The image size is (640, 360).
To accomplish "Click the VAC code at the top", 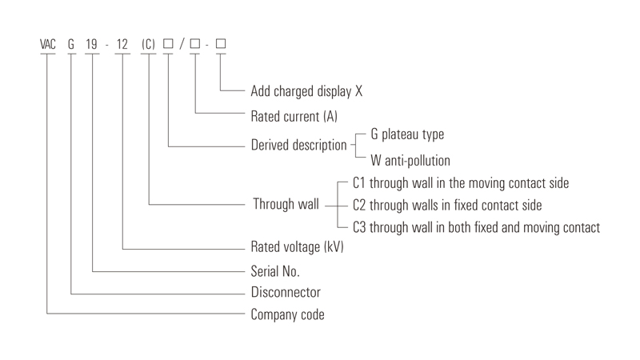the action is (48, 44).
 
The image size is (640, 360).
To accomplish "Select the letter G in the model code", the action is (71, 44).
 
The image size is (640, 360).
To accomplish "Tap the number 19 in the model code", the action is (91, 44).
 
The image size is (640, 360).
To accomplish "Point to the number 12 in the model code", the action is (122, 44).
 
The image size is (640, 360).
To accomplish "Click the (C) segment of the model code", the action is (148, 44).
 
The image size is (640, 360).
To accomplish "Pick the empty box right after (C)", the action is (168, 43).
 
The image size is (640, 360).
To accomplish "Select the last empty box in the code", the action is (221, 43).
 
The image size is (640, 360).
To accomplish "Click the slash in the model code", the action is (182, 44).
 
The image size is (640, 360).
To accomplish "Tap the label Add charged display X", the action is (306, 91).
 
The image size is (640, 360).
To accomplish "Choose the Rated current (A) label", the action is (294, 117).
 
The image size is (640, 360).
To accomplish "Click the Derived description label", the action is (298, 146).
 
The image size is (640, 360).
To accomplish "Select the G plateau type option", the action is (407, 134).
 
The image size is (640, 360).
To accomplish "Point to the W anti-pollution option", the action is (410, 161).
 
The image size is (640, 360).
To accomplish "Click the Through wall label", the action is (286, 204).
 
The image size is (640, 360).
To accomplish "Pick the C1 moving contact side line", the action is (461, 183).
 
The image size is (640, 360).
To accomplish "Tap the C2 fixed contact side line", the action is (447, 206).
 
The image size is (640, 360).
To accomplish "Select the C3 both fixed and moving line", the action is (476, 227).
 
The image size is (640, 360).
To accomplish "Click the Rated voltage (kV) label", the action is (297, 247).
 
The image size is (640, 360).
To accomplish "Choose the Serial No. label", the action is (275, 271).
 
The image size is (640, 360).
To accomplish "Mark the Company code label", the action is (288, 314).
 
